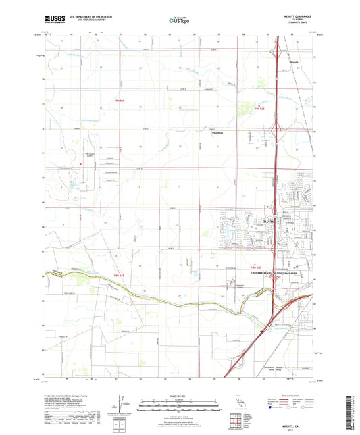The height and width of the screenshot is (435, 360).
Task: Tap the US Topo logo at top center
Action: [179, 21]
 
